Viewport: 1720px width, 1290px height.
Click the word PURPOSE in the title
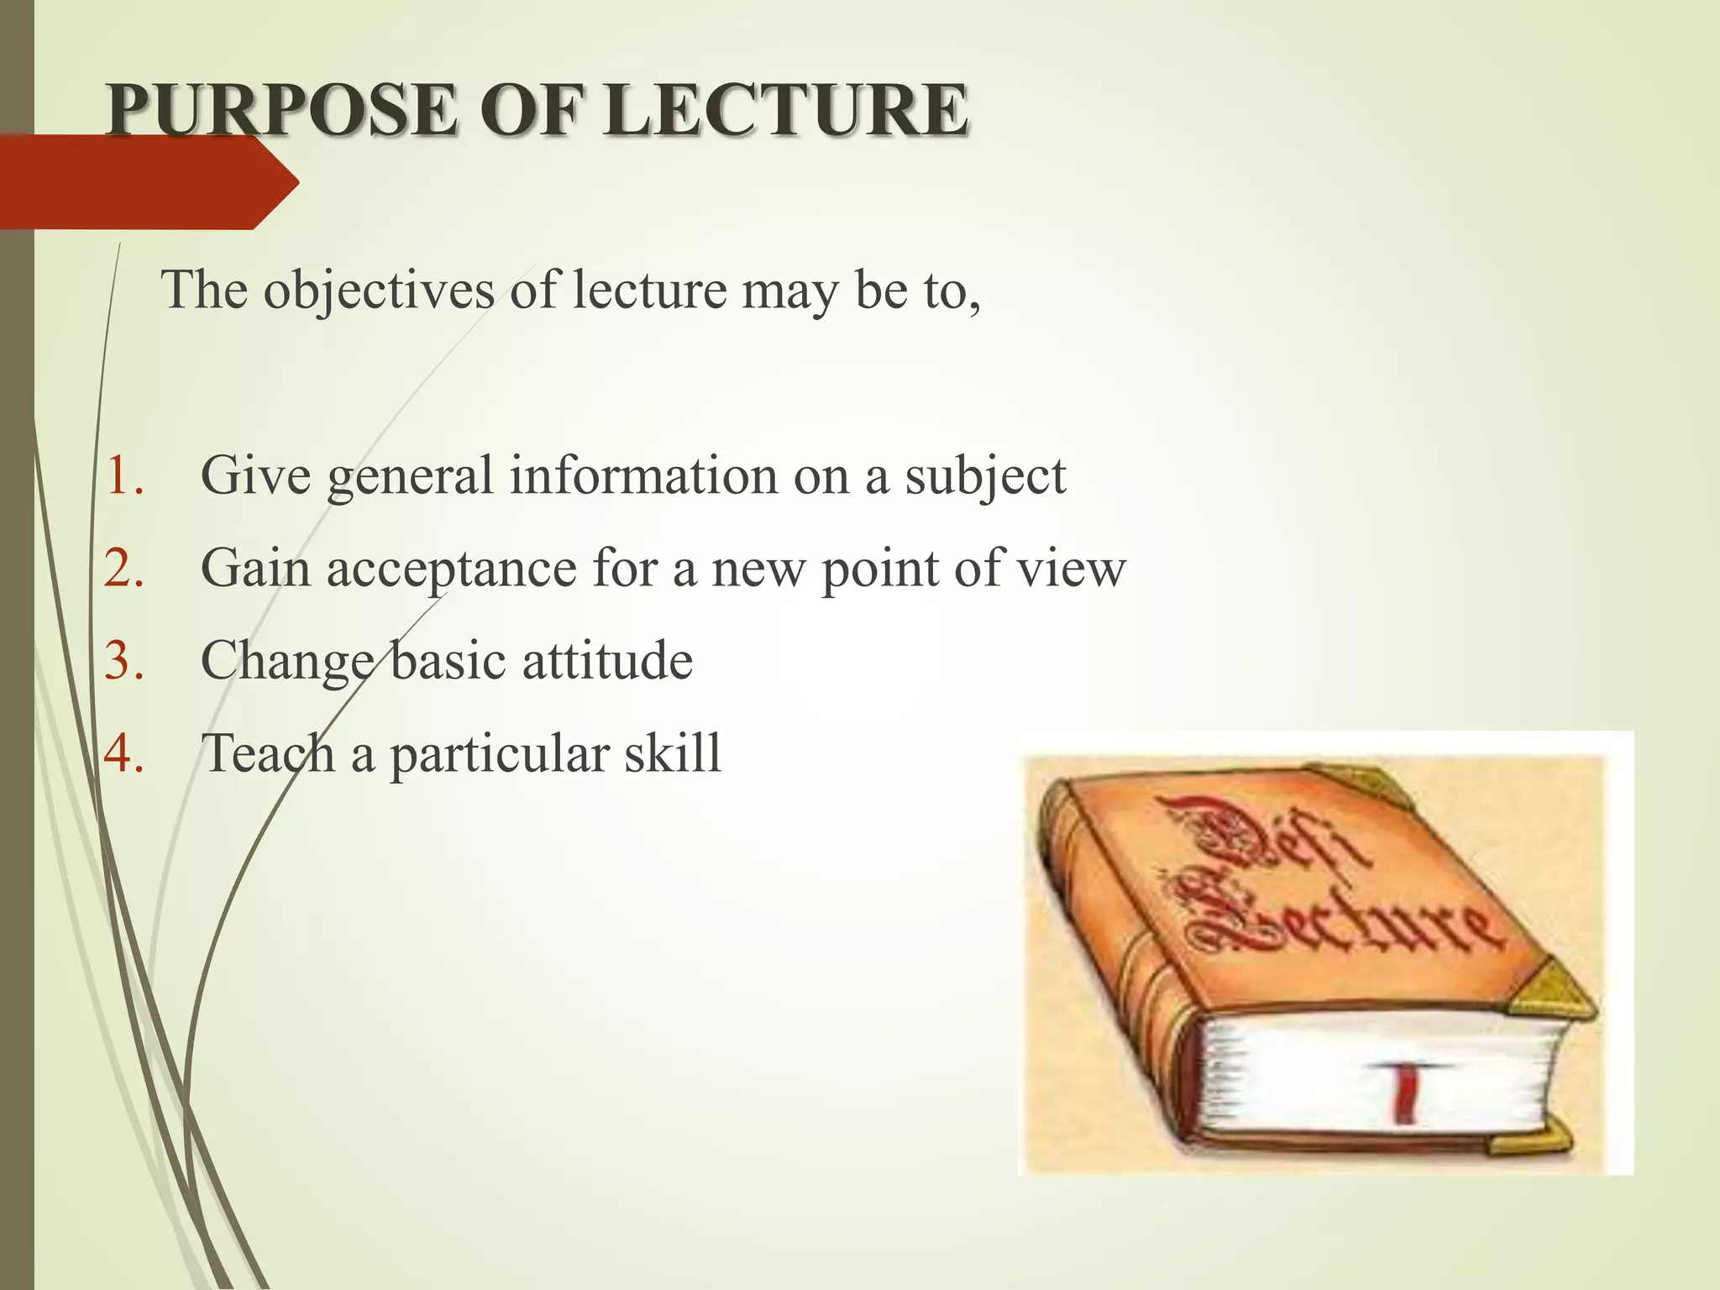[282, 110]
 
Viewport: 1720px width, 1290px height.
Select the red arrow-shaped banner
[143, 182]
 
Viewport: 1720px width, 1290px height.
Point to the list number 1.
[124, 475]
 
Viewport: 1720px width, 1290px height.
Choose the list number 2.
[124, 568]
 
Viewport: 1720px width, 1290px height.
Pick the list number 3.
[124, 660]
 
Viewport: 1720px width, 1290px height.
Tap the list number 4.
[124, 752]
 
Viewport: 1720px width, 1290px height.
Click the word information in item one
[643, 475]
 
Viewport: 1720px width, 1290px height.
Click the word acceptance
[452, 569]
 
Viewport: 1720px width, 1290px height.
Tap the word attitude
[607, 660]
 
